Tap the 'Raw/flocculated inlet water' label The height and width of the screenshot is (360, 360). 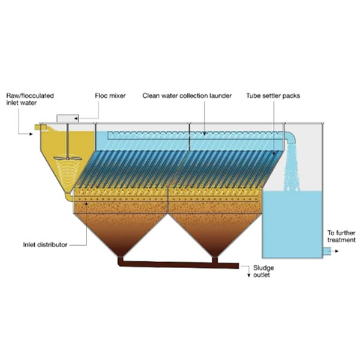coord(25,99)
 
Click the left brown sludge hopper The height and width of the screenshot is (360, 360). coord(120,231)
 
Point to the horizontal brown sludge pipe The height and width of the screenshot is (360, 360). coord(180,264)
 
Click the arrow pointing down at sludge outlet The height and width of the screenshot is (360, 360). coord(249,274)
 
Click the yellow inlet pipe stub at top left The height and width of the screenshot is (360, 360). coord(41,127)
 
